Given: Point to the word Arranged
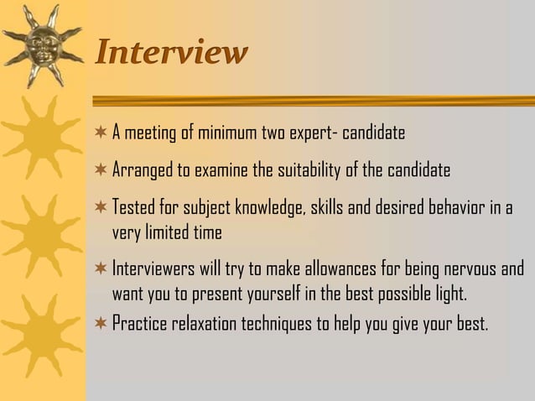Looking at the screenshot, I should click(x=140, y=171).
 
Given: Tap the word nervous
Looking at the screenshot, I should click(x=466, y=271).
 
